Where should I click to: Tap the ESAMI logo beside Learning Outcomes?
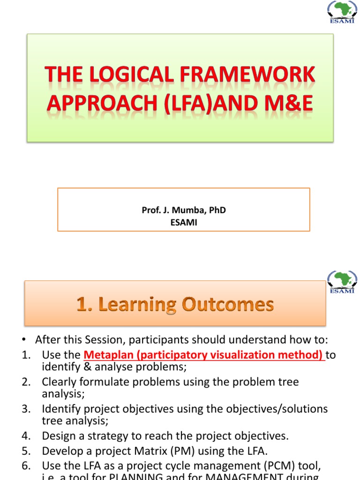point(341,282)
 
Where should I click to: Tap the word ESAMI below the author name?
point(184,223)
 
